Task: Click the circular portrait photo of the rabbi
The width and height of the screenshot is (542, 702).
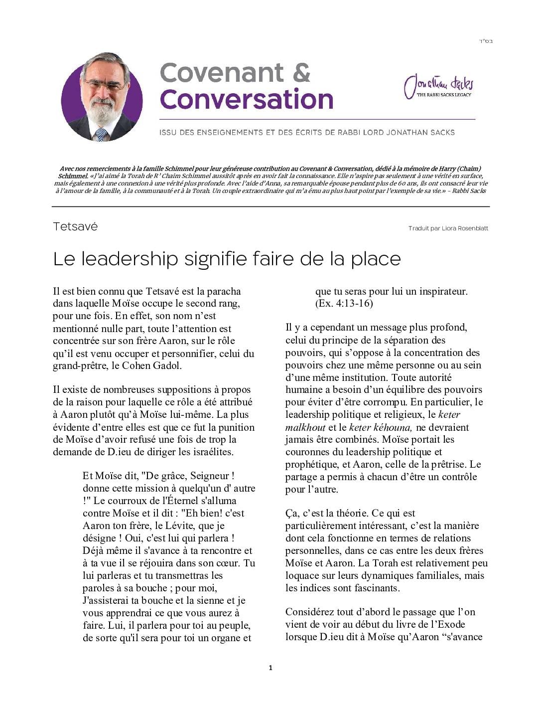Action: [x=102, y=97]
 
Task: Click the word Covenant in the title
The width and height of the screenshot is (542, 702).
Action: [x=222, y=73]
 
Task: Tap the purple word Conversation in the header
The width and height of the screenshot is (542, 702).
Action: [x=247, y=99]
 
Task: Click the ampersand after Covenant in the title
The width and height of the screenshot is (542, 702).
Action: [x=301, y=73]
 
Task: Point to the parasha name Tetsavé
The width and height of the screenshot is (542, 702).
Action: [x=75, y=227]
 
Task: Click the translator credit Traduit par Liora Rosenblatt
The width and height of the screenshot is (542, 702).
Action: [x=448, y=228]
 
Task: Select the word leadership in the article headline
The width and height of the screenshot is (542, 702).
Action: [x=129, y=259]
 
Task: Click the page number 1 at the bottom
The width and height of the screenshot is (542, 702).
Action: [x=271, y=668]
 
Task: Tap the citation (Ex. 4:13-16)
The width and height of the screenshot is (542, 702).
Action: [x=344, y=303]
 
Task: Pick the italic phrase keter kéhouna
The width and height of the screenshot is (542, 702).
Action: [x=381, y=427]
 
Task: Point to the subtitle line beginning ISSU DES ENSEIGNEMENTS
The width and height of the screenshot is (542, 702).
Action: [x=307, y=133]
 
